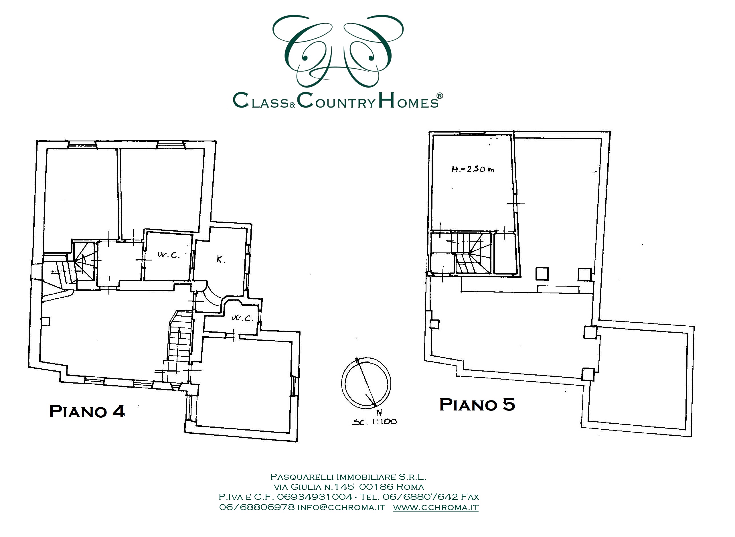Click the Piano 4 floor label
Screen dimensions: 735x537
tap(87, 412)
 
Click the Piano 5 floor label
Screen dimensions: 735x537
tap(477, 405)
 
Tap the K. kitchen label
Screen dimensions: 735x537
tap(221, 259)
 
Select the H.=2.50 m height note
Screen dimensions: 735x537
tap(473, 169)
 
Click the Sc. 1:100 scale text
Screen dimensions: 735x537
tap(374, 422)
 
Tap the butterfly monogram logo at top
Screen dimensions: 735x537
tap(338, 51)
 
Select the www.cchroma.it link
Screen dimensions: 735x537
tap(436, 508)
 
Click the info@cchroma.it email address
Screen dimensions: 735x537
tap(341, 508)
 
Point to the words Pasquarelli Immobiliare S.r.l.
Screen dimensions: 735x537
tap(348, 477)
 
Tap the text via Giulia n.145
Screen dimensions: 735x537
tap(314, 487)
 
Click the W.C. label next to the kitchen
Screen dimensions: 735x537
tap(168, 254)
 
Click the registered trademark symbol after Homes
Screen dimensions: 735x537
tap(439, 96)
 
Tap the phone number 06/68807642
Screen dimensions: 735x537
tap(420, 497)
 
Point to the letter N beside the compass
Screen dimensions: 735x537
tap(379, 413)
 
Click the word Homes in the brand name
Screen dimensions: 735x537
tap(408, 100)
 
